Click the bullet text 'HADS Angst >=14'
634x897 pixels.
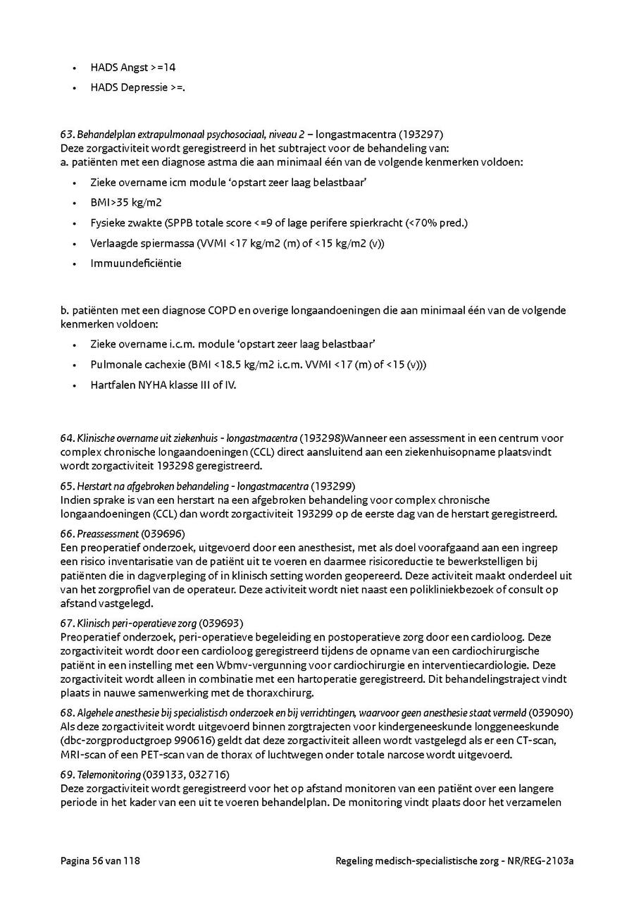click(132, 68)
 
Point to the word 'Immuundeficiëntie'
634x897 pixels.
click(136, 263)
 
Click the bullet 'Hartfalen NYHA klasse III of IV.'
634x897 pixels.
click(163, 385)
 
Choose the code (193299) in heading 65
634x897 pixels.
click(333, 486)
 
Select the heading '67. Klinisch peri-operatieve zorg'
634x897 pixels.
click(128, 623)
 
